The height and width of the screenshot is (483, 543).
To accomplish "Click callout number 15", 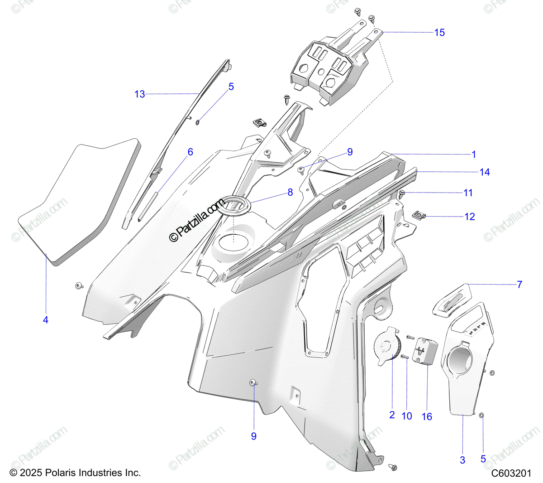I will pyautogui.click(x=439, y=33).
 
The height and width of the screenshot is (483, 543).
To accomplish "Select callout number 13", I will pyautogui.click(x=140, y=94).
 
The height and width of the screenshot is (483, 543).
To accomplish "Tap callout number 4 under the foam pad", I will pyautogui.click(x=46, y=320).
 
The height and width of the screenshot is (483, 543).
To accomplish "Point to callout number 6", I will pyautogui.click(x=190, y=152).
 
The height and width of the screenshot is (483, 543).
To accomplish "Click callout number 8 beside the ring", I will pyautogui.click(x=290, y=193).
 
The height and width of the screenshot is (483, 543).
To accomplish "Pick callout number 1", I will pyautogui.click(x=474, y=155).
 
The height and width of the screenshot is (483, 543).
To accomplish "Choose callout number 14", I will pyautogui.click(x=485, y=172).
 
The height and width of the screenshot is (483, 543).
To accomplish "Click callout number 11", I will pyautogui.click(x=468, y=193).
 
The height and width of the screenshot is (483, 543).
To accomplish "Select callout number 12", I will pyautogui.click(x=470, y=217).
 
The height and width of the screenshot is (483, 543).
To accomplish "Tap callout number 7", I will pyautogui.click(x=519, y=285).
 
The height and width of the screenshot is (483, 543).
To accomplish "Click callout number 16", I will pyautogui.click(x=427, y=417).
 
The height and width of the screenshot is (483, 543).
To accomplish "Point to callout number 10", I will pyautogui.click(x=407, y=416).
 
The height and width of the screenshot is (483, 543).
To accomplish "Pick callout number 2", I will pyautogui.click(x=392, y=415).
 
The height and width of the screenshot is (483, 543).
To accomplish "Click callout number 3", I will pyautogui.click(x=462, y=460).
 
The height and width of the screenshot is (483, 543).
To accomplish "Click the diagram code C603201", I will pyautogui.click(x=511, y=473).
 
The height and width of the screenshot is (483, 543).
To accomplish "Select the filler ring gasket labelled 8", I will pyautogui.click(x=233, y=205).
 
